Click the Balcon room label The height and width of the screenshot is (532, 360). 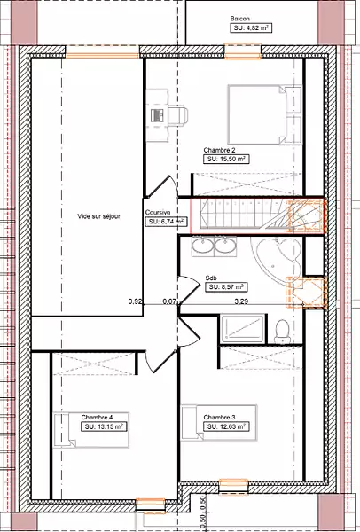tap(240, 19)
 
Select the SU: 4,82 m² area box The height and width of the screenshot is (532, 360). tap(251, 28)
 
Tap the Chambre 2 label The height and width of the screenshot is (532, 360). tap(220, 150)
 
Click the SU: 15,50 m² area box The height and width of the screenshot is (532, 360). tap(226, 159)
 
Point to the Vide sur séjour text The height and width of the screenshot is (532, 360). tap(98, 216)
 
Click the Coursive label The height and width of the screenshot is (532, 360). tap(158, 213)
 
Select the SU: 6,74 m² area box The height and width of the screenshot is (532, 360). tap(167, 222)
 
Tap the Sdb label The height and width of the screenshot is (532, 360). tap(211, 278)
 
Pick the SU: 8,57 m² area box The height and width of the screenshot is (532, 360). tap(226, 287)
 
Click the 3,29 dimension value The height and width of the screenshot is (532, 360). tap(241, 301)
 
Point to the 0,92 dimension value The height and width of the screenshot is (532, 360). tap(135, 301)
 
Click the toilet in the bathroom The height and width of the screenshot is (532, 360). tap(282, 331)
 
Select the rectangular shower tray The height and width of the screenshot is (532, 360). tap(243, 328)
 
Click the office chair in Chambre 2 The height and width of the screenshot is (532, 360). tap(178, 115)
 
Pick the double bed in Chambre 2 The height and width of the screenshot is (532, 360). tap(264, 115)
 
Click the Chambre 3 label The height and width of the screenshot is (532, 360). tap(219, 418)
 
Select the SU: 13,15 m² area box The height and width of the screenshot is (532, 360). tap(104, 426)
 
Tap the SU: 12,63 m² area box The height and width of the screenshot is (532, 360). tap(226, 426)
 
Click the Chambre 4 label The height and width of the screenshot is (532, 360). tap(97, 418)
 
